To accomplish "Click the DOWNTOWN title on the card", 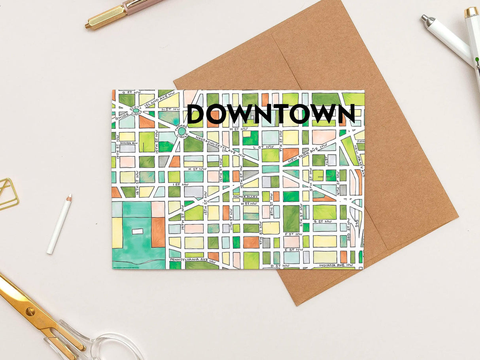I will [x=271, y=113].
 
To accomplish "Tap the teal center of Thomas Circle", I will [x=181, y=131].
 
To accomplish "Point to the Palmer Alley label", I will [x=246, y=196].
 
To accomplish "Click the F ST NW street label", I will [x=292, y=234].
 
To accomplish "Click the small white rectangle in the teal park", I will [x=137, y=231].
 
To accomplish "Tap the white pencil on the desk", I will [x=59, y=224].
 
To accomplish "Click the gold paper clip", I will [x=7, y=194].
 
